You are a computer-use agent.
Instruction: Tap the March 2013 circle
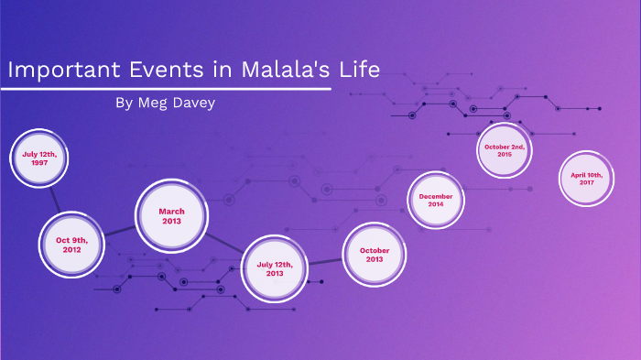pyautogui.click(x=171, y=216)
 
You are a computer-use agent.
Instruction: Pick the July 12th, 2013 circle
pyautogui.click(x=275, y=268)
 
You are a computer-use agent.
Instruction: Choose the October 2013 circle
pyautogui.click(x=375, y=255)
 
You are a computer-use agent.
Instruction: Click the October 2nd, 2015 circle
pyautogui.click(x=505, y=151)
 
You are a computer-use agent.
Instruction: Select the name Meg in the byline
pyautogui.click(x=154, y=104)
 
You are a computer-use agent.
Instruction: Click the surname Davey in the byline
pyautogui.click(x=197, y=104)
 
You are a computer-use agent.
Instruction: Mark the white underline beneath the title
pyautogui.click(x=165, y=89)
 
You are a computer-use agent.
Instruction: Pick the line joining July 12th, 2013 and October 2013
pyautogui.click(x=324, y=263)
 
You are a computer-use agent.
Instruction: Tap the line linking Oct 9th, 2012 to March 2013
pyautogui.click(x=119, y=231)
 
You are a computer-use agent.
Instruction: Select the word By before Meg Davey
pyautogui.click(x=125, y=104)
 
